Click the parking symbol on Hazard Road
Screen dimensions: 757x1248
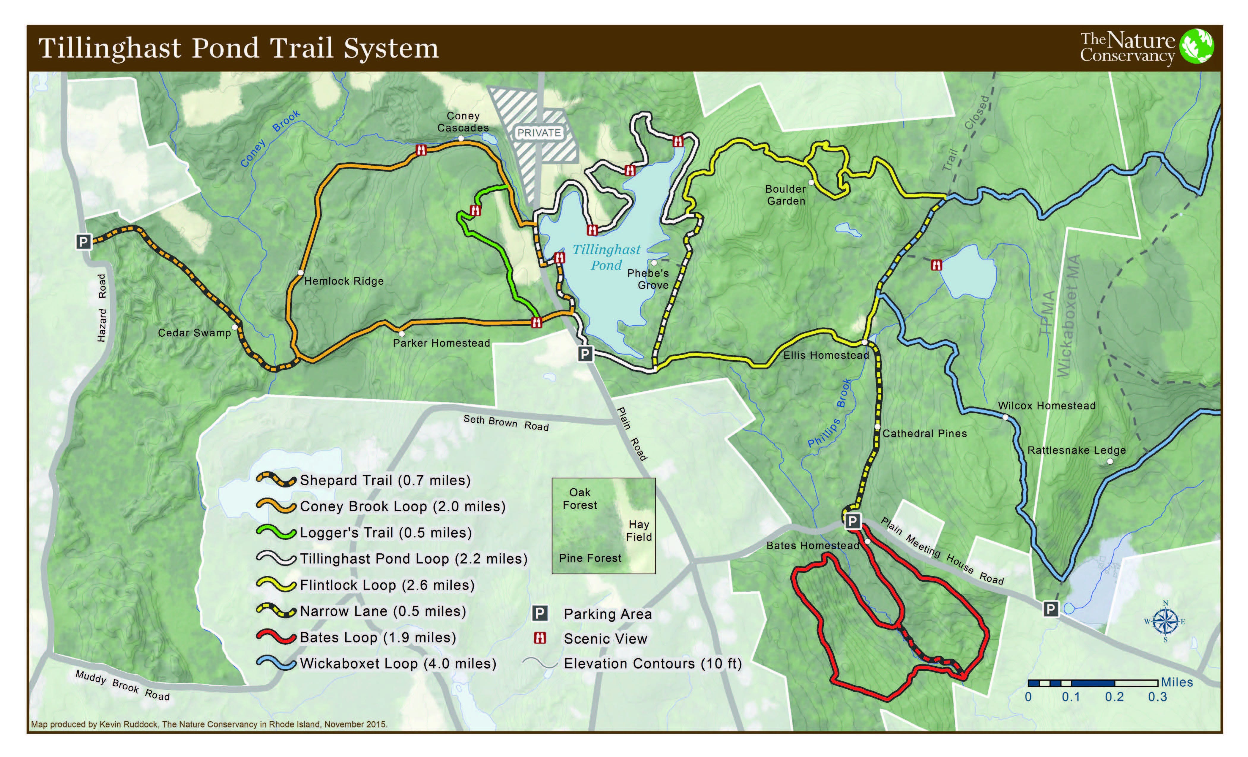pyautogui.click(x=83, y=242)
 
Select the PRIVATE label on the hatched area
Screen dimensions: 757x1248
pyautogui.click(x=539, y=133)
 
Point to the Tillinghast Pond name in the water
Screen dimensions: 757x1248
pyautogui.click(x=606, y=257)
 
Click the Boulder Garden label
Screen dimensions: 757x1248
pyautogui.click(x=786, y=195)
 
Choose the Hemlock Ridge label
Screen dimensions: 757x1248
pyautogui.click(x=344, y=281)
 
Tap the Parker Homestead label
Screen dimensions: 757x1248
pyautogui.click(x=441, y=343)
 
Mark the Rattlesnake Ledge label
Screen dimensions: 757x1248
pyautogui.click(x=1076, y=450)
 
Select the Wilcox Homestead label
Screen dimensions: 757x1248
pyautogui.click(x=1047, y=406)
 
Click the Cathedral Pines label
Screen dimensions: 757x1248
pyautogui.click(x=924, y=434)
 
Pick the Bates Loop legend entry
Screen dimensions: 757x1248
pyautogui.click(x=377, y=638)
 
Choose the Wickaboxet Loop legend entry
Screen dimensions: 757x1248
pyautogui.click(x=398, y=664)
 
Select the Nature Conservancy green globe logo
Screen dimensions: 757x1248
pyautogui.click(x=1196, y=47)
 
